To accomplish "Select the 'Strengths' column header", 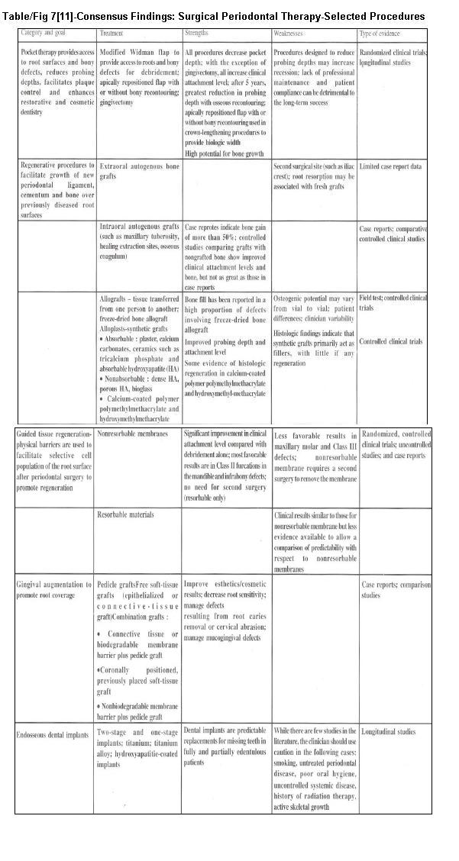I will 196,34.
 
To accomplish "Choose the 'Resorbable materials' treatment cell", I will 125,515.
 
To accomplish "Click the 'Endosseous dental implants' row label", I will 52,733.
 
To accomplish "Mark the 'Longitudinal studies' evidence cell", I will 388,732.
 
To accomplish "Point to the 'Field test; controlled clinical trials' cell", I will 393,302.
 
